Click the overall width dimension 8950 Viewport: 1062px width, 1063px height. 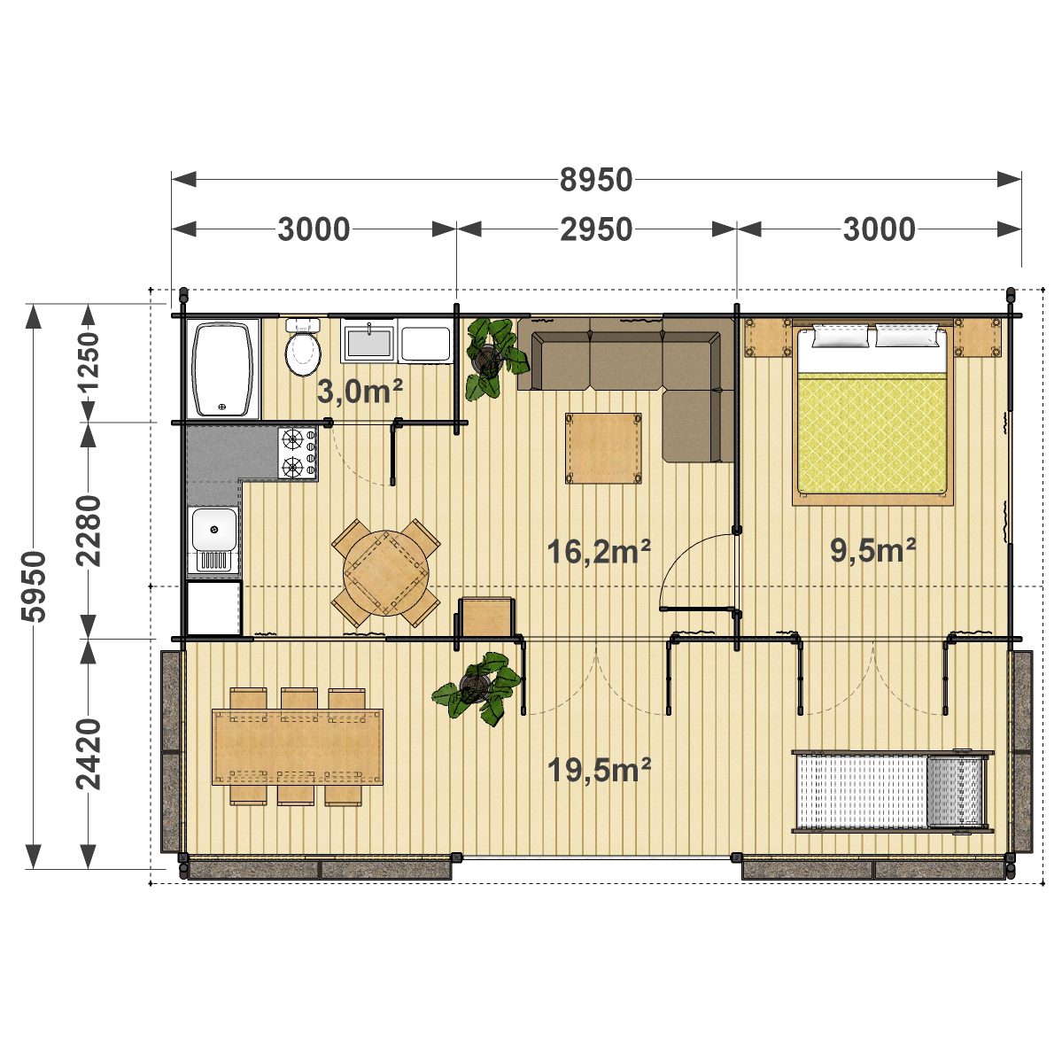[x=596, y=180]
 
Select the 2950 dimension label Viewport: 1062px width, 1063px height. [x=596, y=229]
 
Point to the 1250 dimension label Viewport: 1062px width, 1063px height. [x=89, y=361]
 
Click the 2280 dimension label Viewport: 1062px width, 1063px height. [x=89, y=531]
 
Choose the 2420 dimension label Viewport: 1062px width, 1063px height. [x=89, y=754]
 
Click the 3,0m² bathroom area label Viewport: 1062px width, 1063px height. [x=360, y=392]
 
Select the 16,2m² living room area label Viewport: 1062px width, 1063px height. [x=599, y=551]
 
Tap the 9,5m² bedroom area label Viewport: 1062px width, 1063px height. [x=873, y=550]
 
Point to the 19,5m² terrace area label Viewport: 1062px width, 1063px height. [x=600, y=770]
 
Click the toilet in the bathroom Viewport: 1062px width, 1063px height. [x=303, y=347]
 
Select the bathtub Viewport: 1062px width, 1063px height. [x=223, y=369]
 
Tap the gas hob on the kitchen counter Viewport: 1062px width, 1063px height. [x=298, y=453]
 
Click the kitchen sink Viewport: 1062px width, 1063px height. [x=213, y=540]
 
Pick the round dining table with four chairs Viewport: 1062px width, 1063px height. [x=385, y=572]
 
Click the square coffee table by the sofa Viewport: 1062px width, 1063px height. [x=603, y=448]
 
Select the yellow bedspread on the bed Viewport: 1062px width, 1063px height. [x=872, y=432]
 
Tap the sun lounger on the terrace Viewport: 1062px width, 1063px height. [x=892, y=792]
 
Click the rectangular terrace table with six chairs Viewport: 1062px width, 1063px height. [x=298, y=747]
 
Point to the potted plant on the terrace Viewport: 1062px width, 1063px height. [x=477, y=687]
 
